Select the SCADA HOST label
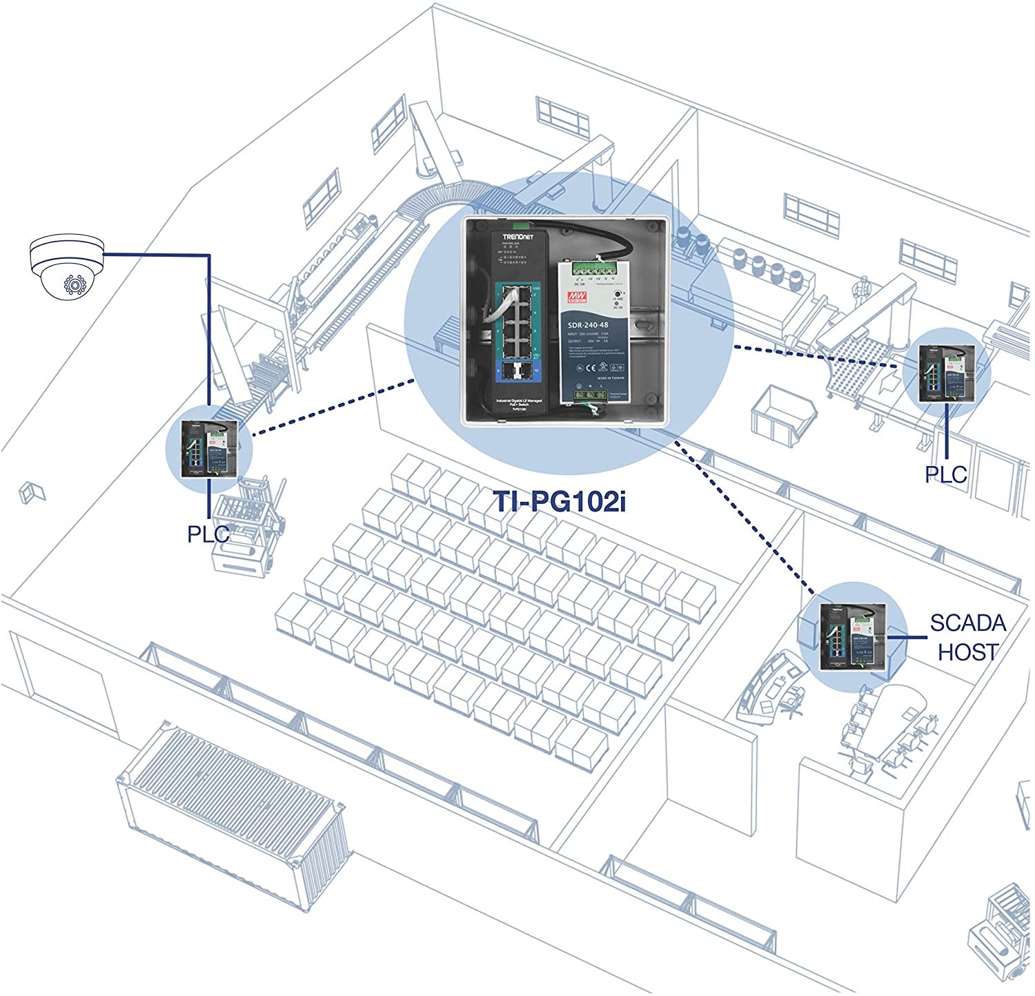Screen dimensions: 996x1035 [x=967, y=637]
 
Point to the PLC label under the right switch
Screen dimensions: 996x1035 [x=946, y=474]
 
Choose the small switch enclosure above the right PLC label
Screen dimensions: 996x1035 [x=947, y=375]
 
